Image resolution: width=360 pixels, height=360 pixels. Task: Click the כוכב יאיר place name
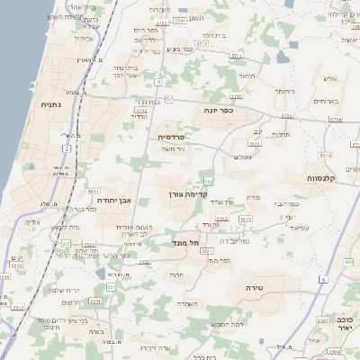point(343,323)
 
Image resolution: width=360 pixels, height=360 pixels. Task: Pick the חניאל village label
point(247,76)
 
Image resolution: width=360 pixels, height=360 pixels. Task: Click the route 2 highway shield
point(67,136)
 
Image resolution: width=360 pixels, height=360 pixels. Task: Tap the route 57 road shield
point(170,97)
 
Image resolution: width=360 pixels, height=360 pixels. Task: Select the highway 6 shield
point(322,281)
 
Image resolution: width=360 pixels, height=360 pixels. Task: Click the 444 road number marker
point(347,262)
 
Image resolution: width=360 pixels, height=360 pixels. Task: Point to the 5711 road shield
point(237,56)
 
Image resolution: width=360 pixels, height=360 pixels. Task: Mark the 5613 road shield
point(246,219)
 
